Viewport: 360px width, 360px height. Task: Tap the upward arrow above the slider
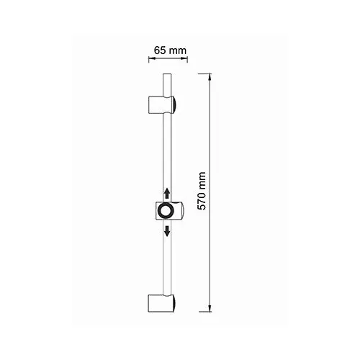click(x=167, y=194)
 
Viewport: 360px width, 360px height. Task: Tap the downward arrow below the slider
click(x=167, y=230)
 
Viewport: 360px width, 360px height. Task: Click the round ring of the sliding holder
click(x=167, y=212)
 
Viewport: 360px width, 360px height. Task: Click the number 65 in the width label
click(x=161, y=51)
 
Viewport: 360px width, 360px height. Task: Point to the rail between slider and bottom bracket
click(x=167, y=263)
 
